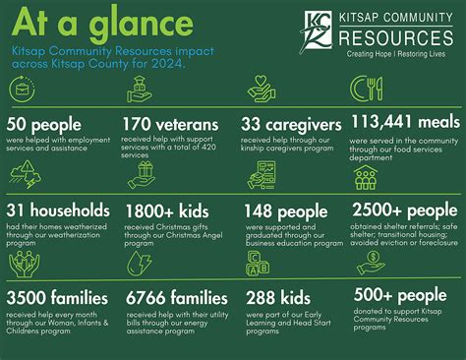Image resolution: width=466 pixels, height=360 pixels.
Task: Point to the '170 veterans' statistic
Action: pos(171,125)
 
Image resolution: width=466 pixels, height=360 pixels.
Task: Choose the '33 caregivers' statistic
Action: pos(292,125)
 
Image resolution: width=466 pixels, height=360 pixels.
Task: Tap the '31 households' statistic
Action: pos(58,210)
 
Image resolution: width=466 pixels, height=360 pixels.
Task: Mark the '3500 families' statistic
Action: pos(58,297)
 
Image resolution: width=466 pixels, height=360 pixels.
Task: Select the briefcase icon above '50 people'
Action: pos(22,90)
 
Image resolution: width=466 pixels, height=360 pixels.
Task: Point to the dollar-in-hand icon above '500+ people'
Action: pos(371,263)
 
